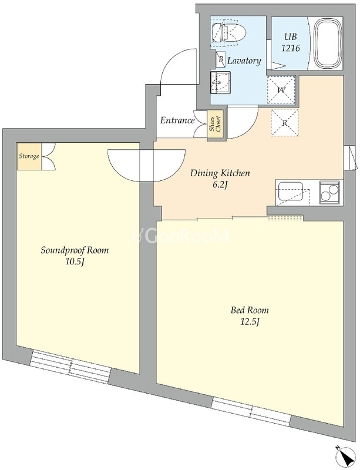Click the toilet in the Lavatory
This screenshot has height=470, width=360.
tap(228, 32)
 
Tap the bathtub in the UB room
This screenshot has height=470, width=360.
tap(328, 43)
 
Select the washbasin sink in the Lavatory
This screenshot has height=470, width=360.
tap(220, 82)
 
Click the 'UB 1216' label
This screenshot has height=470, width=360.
tap(291, 42)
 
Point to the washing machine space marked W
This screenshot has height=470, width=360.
tap(281, 90)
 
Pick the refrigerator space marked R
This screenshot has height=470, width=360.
tap(284, 123)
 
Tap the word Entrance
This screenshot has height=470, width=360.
tap(177, 120)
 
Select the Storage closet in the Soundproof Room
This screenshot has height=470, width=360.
tap(29, 156)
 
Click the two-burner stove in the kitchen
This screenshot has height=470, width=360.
tap(329, 193)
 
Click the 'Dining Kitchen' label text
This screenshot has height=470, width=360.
tap(220, 173)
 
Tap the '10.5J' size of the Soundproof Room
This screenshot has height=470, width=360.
tap(75, 262)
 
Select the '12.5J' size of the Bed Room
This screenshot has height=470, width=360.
tap(250, 322)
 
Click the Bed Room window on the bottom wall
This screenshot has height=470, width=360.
tap(251, 411)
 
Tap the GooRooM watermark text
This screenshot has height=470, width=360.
tap(179, 236)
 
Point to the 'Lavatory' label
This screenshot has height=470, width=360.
tap(244, 61)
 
